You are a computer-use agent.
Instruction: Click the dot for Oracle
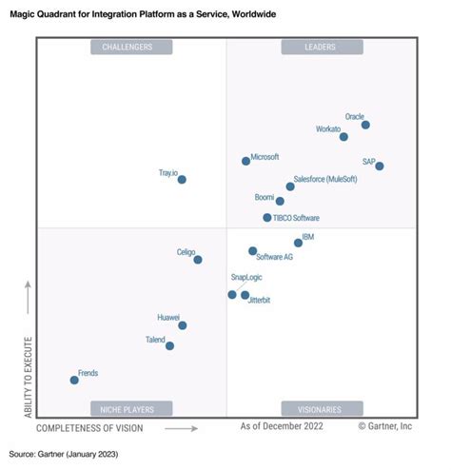(365, 125)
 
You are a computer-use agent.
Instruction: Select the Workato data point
(343, 137)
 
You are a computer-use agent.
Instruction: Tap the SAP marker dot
(380, 166)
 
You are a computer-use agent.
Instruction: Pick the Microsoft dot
(245, 162)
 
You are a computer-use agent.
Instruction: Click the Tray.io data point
(182, 179)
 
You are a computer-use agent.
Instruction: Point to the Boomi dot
(280, 201)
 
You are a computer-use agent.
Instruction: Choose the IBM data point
(298, 243)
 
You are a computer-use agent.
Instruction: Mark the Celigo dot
(198, 259)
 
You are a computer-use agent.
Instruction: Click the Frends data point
(74, 380)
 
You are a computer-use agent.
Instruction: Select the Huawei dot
(182, 325)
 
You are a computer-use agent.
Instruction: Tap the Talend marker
(169, 345)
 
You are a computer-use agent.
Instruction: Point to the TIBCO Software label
(296, 218)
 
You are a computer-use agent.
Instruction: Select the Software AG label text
(275, 258)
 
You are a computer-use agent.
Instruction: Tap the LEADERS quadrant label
(321, 47)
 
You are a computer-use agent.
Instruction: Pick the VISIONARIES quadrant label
(321, 409)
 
